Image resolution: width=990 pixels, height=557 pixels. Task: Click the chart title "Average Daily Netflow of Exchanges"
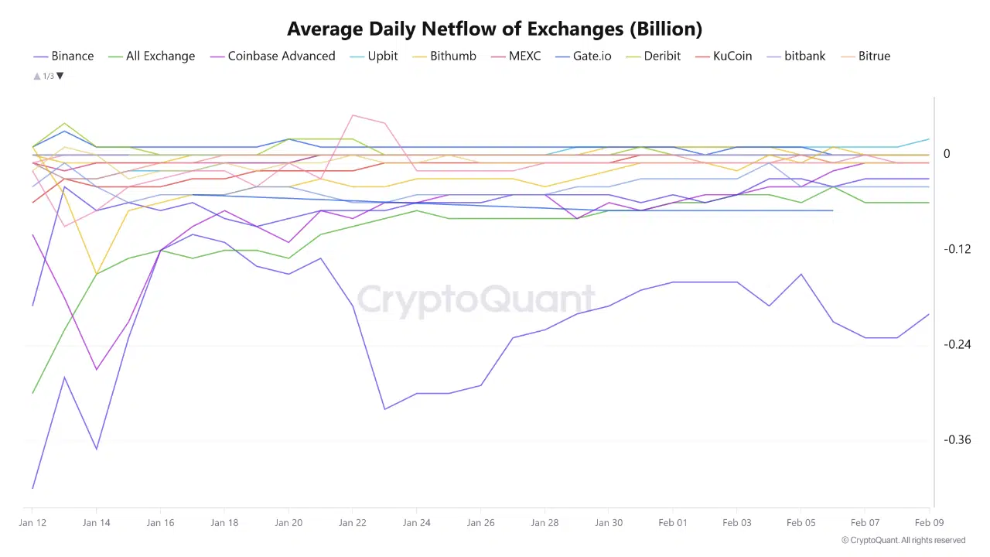tap(494, 29)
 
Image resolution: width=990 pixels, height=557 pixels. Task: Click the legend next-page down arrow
tap(60, 76)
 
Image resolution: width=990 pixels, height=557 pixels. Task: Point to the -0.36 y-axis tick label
tap(957, 440)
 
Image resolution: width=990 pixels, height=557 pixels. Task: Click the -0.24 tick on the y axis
tap(957, 344)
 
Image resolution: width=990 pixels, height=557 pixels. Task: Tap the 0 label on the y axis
tap(947, 154)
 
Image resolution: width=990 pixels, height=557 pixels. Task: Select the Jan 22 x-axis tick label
tap(352, 523)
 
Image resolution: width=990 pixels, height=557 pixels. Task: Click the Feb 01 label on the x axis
tap(672, 523)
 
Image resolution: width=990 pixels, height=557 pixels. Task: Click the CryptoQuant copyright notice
tap(903, 540)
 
